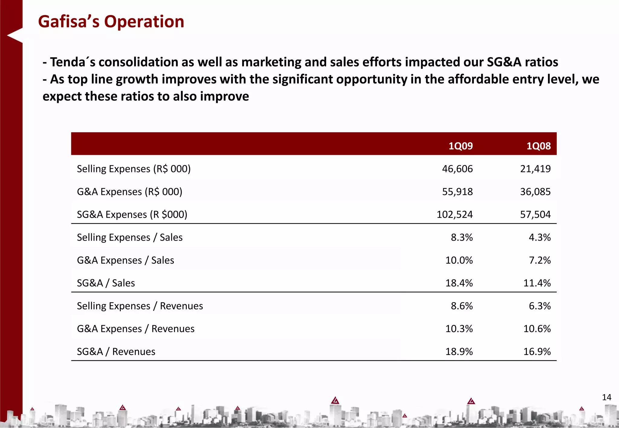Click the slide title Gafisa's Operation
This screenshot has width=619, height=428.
pyautogui.click(x=111, y=22)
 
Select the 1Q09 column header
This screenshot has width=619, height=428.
pyautogui.click(x=460, y=146)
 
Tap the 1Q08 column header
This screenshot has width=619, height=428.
pyautogui.click(x=538, y=146)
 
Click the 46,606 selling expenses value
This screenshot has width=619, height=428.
pyautogui.click(x=457, y=169)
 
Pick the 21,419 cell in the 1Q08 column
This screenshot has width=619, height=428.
pyautogui.click(x=535, y=169)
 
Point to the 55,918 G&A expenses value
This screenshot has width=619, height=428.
pyautogui.click(x=457, y=192)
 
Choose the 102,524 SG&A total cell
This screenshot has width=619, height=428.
pyautogui.click(x=455, y=215)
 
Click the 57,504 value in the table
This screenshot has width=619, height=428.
pyautogui.click(x=535, y=215)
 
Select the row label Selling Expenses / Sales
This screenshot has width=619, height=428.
pyautogui.click(x=130, y=238)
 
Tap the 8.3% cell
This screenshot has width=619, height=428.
pyautogui.click(x=462, y=238)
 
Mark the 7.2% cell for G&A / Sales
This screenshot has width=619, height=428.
pyautogui.click(x=540, y=260)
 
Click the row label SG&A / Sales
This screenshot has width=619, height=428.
pyautogui.click(x=106, y=283)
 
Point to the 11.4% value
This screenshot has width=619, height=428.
pyautogui.click(x=537, y=283)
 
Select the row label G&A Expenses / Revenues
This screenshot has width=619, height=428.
pyautogui.click(x=136, y=329)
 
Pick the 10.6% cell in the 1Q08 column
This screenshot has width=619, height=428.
pyautogui.click(x=537, y=329)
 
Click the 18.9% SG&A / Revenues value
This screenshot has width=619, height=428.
pyautogui.click(x=459, y=352)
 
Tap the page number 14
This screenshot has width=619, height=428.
pyautogui.click(x=606, y=397)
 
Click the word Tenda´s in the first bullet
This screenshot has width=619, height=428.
pyautogui.click(x=72, y=62)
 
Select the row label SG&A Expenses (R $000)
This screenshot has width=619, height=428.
pyautogui.click(x=132, y=215)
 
